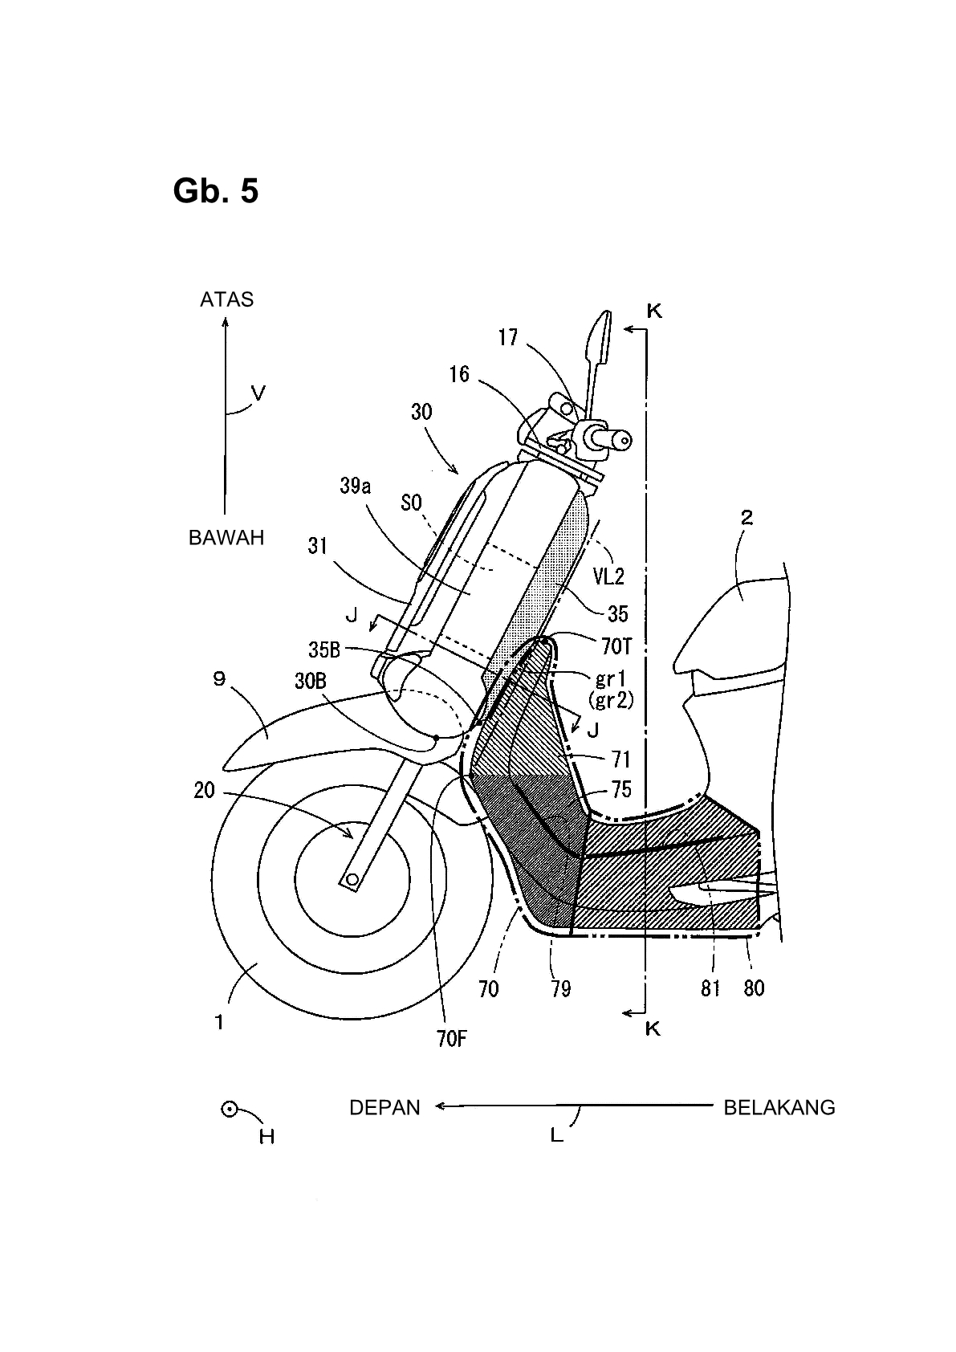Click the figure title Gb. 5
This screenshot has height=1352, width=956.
(215, 191)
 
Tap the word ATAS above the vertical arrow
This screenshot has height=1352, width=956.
(227, 299)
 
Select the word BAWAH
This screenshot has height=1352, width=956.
(226, 537)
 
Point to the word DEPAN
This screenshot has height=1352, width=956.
(384, 1108)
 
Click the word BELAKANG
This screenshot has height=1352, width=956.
(779, 1108)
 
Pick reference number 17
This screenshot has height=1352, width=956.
(508, 337)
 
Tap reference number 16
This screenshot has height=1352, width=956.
(459, 374)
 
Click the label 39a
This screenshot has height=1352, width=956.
(355, 486)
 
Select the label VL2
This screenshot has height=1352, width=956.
(608, 577)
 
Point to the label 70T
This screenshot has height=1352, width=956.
(616, 647)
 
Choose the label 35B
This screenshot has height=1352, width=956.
(324, 650)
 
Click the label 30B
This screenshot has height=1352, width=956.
(310, 681)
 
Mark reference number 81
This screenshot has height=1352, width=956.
(710, 988)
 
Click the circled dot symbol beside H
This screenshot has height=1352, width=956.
(230, 1110)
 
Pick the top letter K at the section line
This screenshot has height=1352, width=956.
(654, 312)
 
